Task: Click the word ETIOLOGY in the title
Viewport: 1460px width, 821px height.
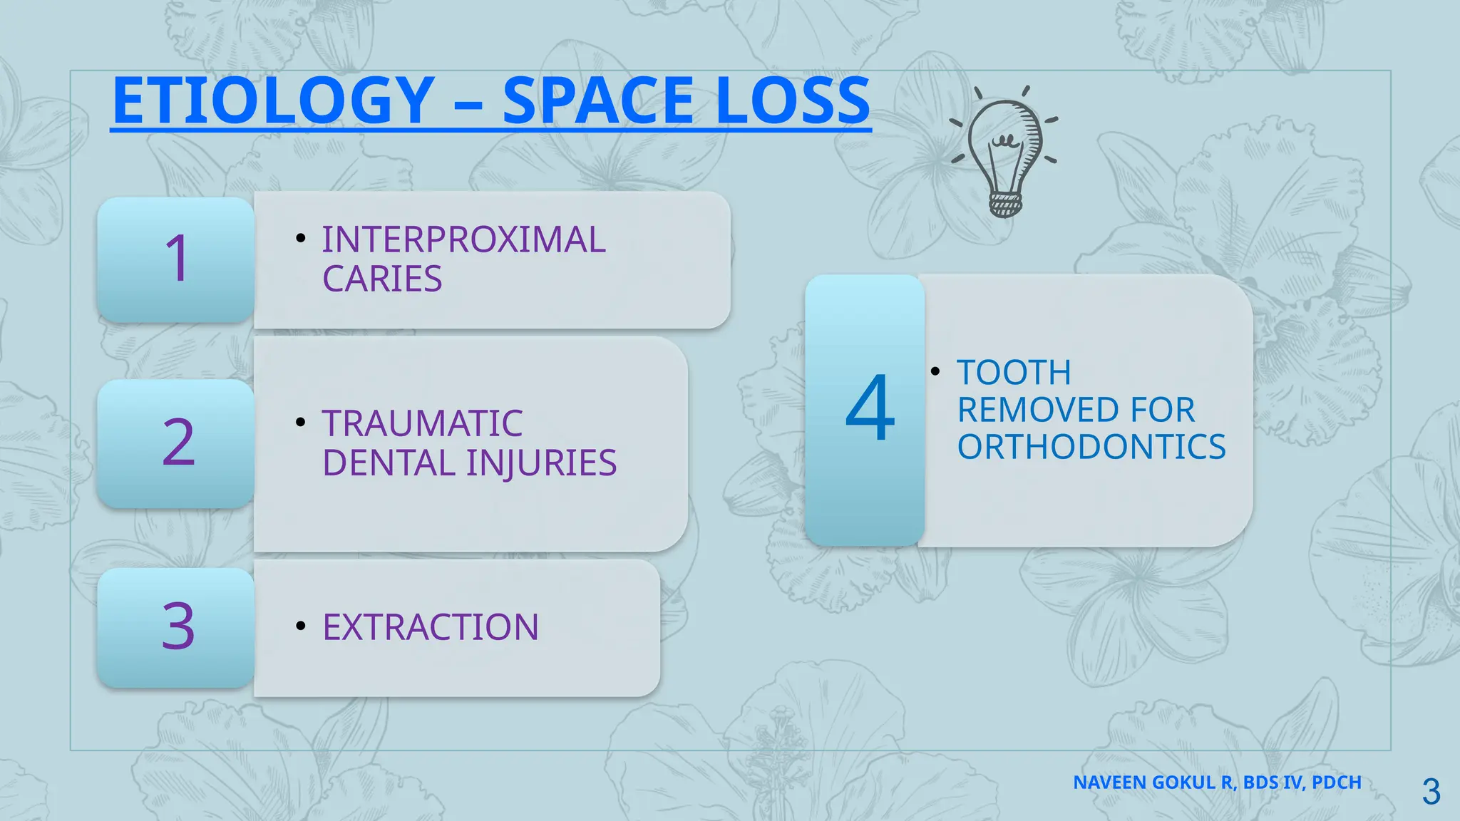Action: pos(273,101)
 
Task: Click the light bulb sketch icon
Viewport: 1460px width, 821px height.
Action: pos(1004,153)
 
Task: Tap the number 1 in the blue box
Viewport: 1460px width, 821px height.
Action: pos(177,259)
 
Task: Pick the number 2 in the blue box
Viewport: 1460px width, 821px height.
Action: pos(178,443)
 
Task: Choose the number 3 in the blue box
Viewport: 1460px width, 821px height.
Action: pos(178,626)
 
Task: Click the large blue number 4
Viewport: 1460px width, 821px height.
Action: pos(870,409)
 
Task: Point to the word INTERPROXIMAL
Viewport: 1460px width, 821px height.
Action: pos(463,240)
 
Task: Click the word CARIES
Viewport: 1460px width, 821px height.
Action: pos(382,279)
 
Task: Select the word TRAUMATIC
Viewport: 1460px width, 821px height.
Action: pos(422,424)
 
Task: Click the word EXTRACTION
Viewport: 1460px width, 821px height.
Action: pos(431,628)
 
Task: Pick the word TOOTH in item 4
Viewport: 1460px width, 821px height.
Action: pos(1014,373)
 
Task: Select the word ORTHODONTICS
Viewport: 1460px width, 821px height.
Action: pos(1091,448)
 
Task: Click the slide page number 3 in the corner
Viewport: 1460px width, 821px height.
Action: pos(1431,792)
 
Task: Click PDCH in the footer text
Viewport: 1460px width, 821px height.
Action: pos(1336,783)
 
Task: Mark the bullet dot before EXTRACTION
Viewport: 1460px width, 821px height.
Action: pos(301,626)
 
